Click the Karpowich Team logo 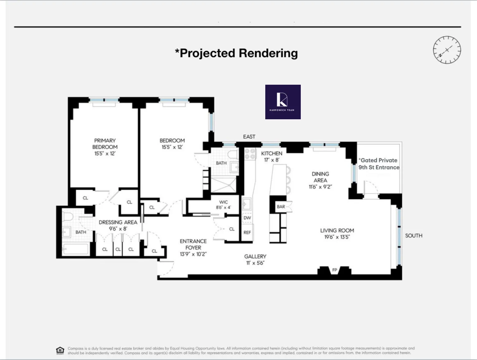tap(283, 102)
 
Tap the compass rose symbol tap(447, 50)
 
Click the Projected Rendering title tap(236, 53)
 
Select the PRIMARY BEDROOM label tap(105, 147)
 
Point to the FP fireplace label tap(334, 270)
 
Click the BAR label tap(281, 207)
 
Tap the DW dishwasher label tap(247, 218)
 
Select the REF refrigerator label tap(247, 232)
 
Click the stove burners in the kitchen tap(250, 154)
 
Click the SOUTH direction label tap(413, 236)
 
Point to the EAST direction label tap(249, 137)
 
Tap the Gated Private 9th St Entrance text tap(379, 164)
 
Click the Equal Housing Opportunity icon tap(60, 350)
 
